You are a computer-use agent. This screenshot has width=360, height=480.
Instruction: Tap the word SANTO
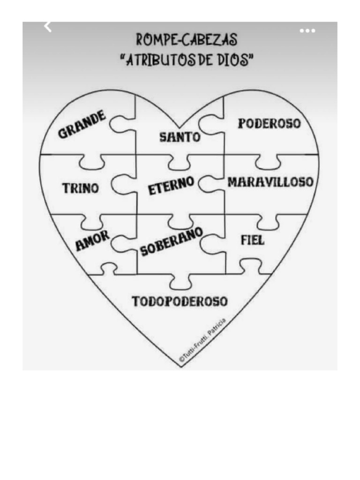[180, 137]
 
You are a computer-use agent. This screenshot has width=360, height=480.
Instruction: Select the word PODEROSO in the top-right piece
[269, 124]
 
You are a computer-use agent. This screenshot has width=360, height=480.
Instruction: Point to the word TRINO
[81, 188]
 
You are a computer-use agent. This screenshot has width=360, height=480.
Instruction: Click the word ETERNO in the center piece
[171, 186]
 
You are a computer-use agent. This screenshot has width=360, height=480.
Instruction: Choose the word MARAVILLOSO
[270, 182]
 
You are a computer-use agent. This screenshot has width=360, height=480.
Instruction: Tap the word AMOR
[92, 240]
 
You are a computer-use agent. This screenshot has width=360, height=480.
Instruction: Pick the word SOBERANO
[172, 241]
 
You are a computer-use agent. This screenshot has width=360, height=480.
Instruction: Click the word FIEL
[253, 240]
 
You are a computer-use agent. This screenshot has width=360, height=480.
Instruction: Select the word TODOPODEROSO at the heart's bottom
[180, 301]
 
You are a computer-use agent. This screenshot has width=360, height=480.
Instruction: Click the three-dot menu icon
[307, 31]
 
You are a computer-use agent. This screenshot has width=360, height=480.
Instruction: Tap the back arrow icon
[47, 27]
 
